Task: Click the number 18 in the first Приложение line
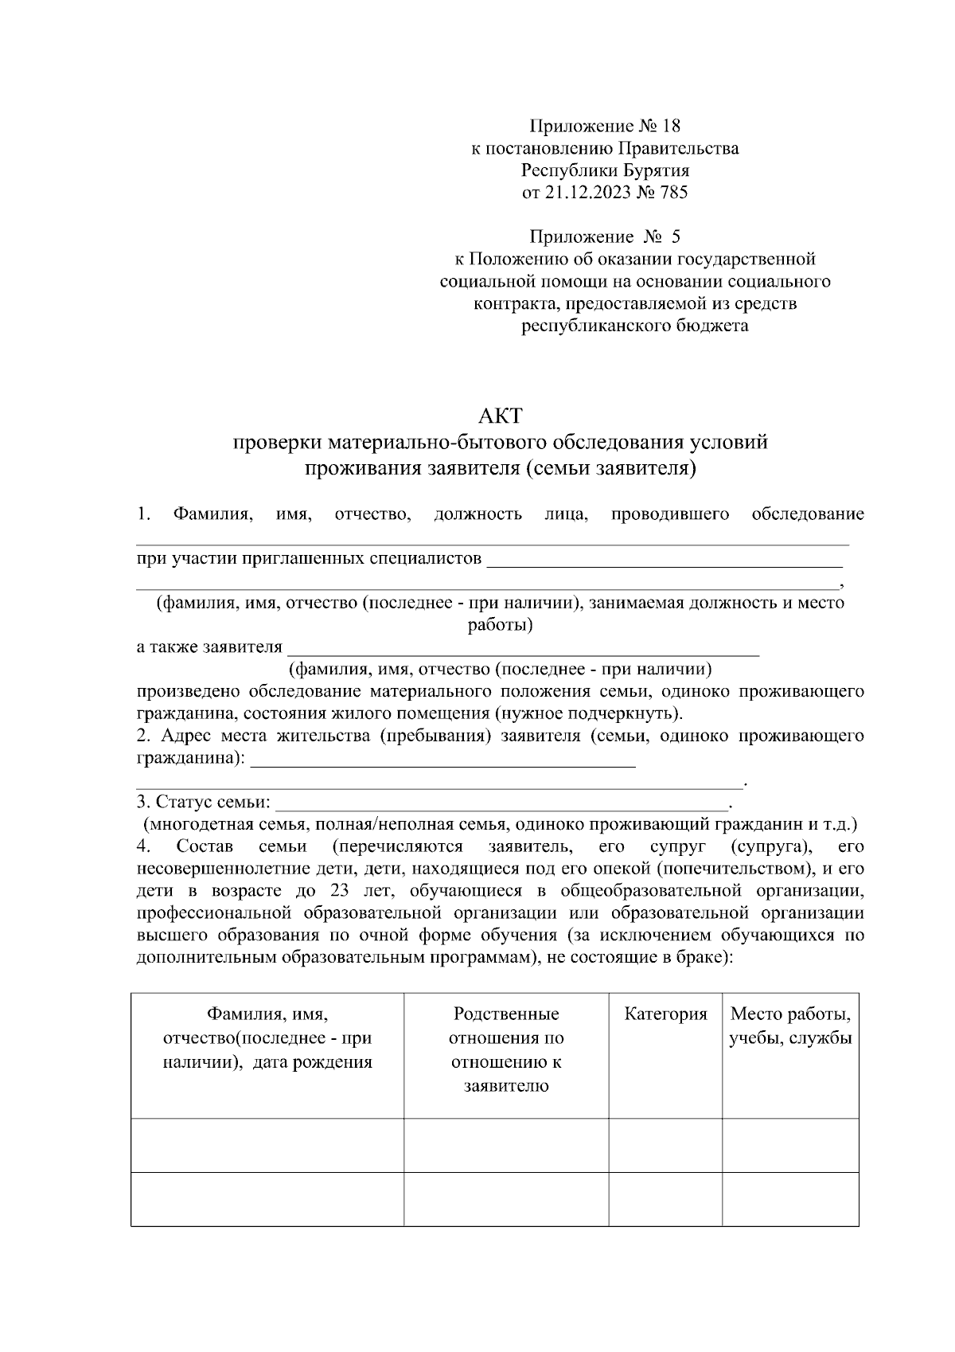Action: pos(671,126)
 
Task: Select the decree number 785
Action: pos(673,193)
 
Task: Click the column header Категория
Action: pos(665,1014)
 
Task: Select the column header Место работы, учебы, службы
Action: pos(790,1026)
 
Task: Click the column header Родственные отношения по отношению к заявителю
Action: pos(506,1050)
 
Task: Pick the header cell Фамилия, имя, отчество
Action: pos(267,1038)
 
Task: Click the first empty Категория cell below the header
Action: pos(665,1145)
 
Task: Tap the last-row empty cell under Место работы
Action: pos(790,1199)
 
